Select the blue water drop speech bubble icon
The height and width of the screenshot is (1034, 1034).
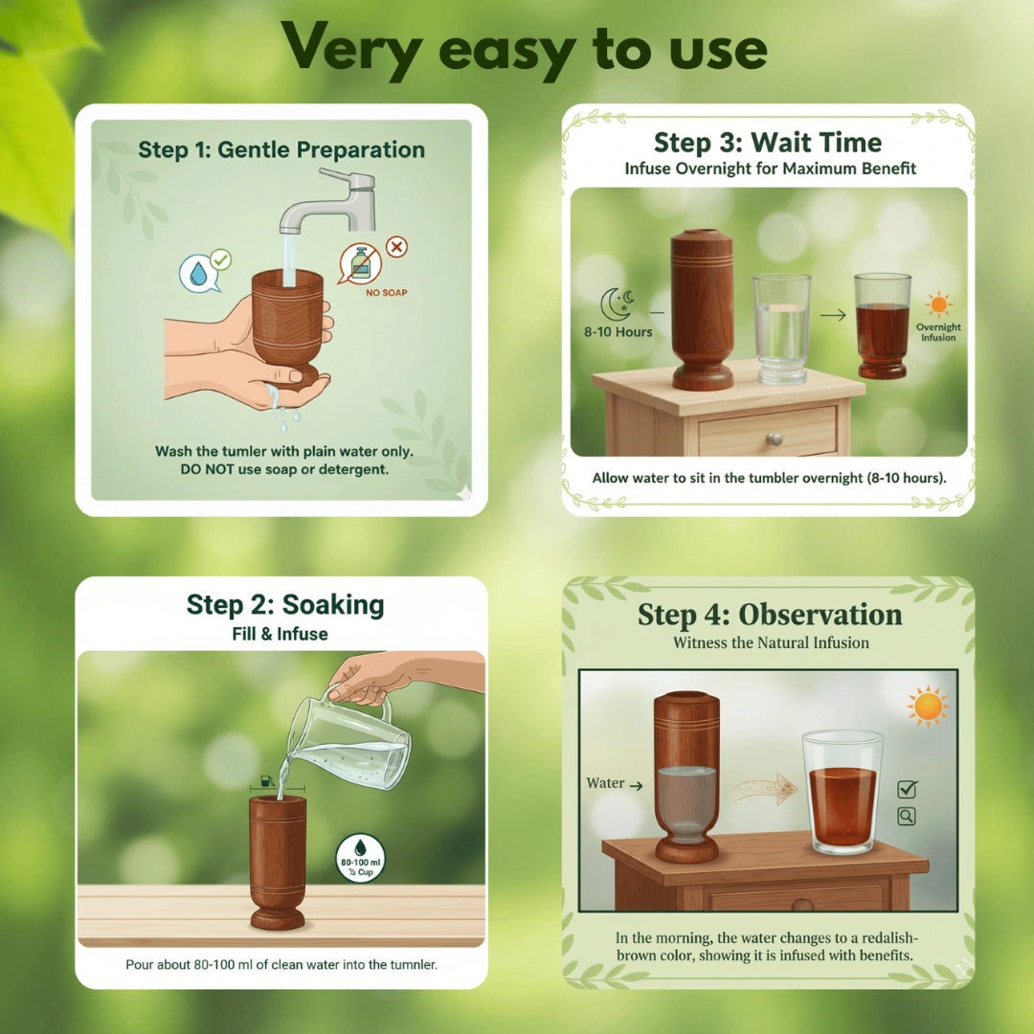pos(198,272)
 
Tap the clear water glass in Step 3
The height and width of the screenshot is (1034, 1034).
pos(781,328)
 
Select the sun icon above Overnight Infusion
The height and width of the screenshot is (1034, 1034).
pos(938,304)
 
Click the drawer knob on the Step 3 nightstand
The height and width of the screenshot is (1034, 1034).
pos(773,439)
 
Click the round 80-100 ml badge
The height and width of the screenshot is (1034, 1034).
pos(361,858)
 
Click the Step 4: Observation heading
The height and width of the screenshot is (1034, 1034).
pos(770,615)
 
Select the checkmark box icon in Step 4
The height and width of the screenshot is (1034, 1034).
pos(906,789)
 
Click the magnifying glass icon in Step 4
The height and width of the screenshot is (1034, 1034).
pos(906,817)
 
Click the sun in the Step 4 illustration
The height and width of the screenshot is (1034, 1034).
pos(928,707)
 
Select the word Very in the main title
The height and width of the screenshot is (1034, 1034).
pos(348,46)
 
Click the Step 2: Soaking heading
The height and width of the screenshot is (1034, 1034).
pos(285,605)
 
